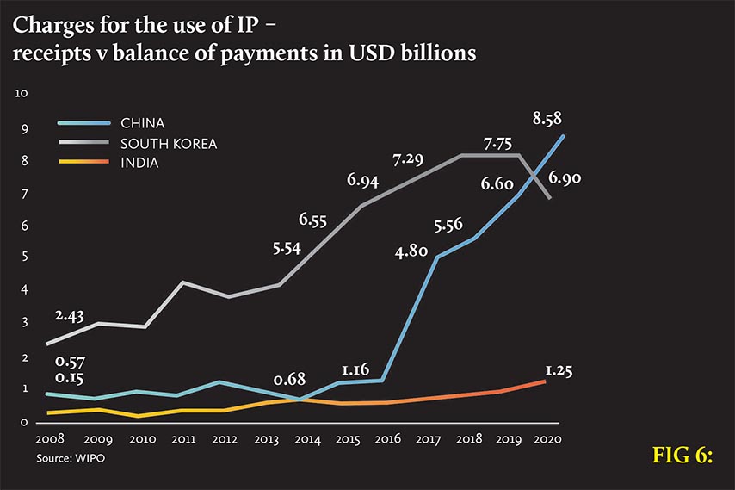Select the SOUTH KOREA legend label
(169, 143)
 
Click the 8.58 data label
(547, 119)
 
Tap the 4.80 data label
(411, 252)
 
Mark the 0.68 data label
(291, 380)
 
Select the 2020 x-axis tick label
(547, 439)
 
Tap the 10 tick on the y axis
(23, 93)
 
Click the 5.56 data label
(449, 226)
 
